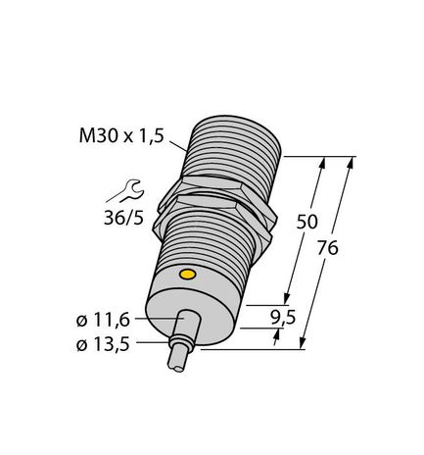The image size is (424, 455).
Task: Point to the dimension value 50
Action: coord(306,223)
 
